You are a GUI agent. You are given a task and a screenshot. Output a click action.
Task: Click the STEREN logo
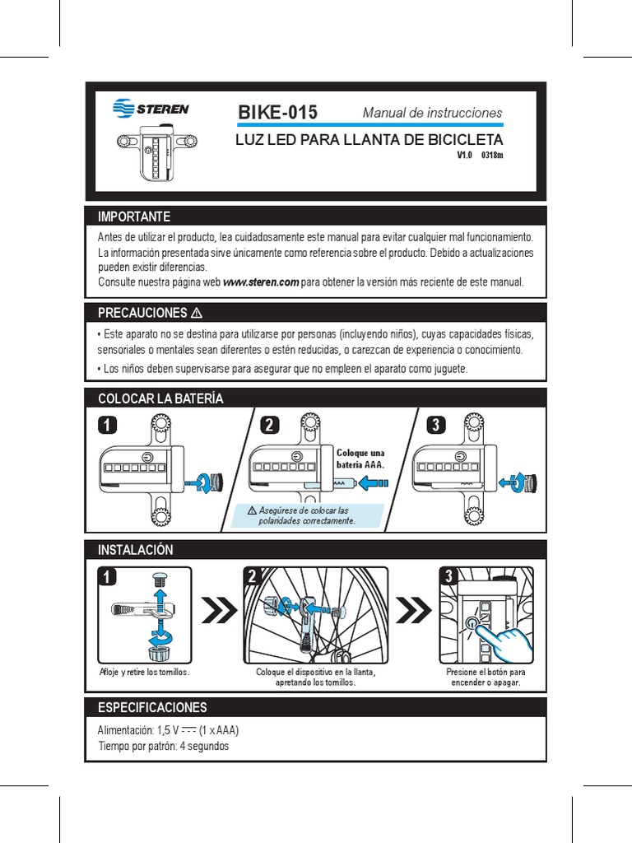(x=151, y=108)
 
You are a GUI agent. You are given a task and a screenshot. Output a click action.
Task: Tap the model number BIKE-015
(x=277, y=113)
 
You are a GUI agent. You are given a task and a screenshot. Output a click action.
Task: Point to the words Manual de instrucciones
(x=432, y=112)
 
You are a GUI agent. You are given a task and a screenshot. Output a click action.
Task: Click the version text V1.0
(x=465, y=154)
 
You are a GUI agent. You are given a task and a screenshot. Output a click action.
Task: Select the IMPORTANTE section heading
(x=134, y=217)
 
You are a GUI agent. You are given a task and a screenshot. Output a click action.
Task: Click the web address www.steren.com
(x=261, y=282)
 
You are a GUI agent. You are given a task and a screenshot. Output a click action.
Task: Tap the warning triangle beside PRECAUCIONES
(x=197, y=314)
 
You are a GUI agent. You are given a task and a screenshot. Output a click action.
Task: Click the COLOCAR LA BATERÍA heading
(x=160, y=398)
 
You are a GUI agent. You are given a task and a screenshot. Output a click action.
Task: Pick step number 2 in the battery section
(x=269, y=425)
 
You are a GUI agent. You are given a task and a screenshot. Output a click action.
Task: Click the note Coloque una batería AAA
(x=360, y=459)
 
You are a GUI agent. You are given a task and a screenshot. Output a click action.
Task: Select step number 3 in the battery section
(x=436, y=425)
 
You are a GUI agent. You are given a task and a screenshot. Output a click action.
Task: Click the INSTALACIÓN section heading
(x=136, y=549)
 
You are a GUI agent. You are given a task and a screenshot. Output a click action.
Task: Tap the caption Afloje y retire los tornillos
(x=144, y=672)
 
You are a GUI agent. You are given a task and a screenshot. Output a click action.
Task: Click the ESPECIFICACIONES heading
(x=152, y=707)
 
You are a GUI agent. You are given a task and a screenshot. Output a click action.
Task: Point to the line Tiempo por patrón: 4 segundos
(x=163, y=746)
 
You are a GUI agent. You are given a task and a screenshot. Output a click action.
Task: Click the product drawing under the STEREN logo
(x=157, y=152)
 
